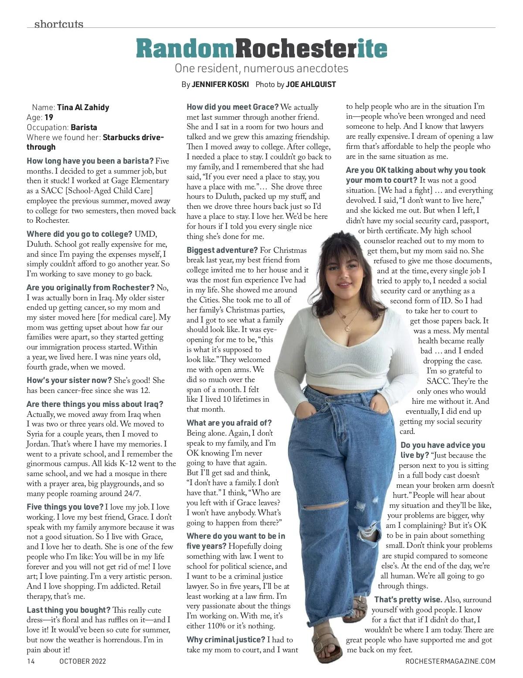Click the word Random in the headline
(x=185, y=49)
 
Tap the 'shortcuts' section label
(x=58, y=24)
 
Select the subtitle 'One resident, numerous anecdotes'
(x=261, y=68)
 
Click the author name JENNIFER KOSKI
(x=220, y=84)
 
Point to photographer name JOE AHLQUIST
(x=311, y=84)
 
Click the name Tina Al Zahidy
(x=83, y=107)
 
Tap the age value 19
(x=49, y=117)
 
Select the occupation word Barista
(x=84, y=128)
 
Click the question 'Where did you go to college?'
(x=79, y=234)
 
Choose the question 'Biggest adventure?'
(x=222, y=250)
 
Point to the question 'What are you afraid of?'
(x=229, y=423)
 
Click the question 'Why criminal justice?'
(x=226, y=640)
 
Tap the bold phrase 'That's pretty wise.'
(x=408, y=600)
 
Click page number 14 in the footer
(x=31, y=661)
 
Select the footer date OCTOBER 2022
(x=82, y=661)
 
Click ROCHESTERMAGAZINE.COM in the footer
(x=450, y=661)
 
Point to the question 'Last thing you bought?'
(x=68, y=610)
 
